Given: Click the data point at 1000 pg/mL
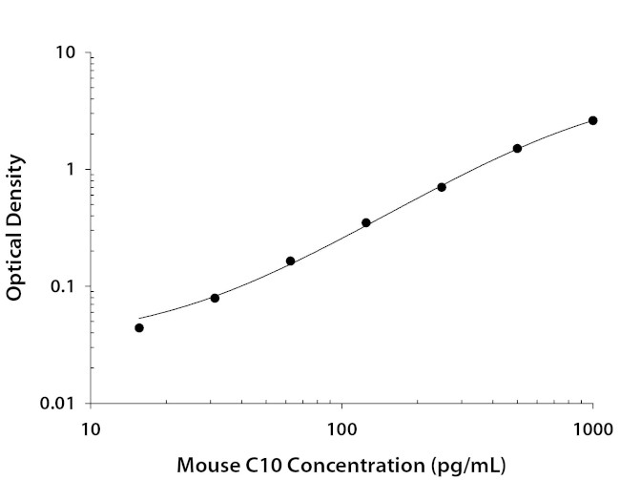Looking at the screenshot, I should (x=592, y=120).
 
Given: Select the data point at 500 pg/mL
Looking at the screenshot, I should (x=517, y=148).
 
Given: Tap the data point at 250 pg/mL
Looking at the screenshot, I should (x=442, y=187).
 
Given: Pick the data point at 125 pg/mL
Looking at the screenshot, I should (x=366, y=222).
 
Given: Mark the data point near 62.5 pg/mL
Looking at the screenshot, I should (x=291, y=261).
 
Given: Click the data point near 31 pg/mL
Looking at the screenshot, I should (x=215, y=298).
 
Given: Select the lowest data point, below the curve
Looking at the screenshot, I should (x=139, y=327).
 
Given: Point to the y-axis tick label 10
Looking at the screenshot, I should (x=66, y=52).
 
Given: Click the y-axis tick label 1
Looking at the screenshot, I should (x=71, y=170).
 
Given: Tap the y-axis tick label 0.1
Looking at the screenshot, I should (x=63, y=286).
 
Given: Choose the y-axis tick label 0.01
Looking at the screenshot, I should (x=58, y=404).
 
